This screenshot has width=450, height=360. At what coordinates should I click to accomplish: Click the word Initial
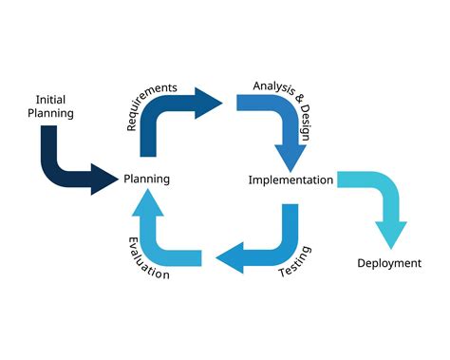click(50, 99)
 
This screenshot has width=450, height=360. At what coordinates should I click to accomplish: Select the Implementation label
click(291, 180)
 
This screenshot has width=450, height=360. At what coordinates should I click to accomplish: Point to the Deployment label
click(389, 263)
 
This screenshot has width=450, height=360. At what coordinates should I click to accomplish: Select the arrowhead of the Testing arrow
click(226, 256)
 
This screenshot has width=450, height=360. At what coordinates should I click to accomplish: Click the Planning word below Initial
click(50, 113)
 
